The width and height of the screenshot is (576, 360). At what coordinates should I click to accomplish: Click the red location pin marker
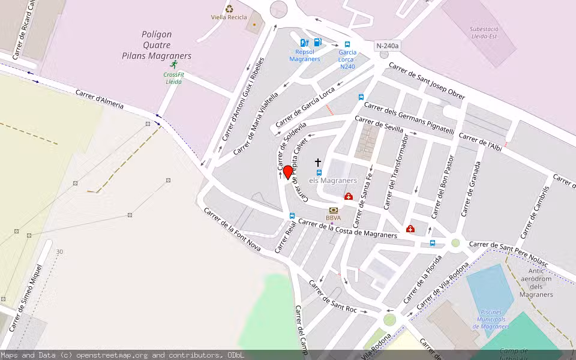pos(288,172)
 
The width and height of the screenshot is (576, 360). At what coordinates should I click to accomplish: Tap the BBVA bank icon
pos(333,209)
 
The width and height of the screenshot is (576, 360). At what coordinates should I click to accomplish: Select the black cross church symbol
pos(318,162)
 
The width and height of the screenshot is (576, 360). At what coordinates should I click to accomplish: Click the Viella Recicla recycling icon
pos(229,8)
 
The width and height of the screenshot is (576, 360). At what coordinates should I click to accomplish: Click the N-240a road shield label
pos(388,46)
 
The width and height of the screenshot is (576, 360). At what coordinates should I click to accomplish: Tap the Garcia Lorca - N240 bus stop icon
pos(347,44)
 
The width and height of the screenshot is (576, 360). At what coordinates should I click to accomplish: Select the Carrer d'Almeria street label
pos(100,100)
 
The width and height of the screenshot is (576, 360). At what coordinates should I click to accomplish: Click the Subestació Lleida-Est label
pos(484,32)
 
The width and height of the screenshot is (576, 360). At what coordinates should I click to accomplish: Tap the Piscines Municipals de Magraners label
pos(491,319)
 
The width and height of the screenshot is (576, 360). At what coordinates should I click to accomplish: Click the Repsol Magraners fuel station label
pos(305,55)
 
